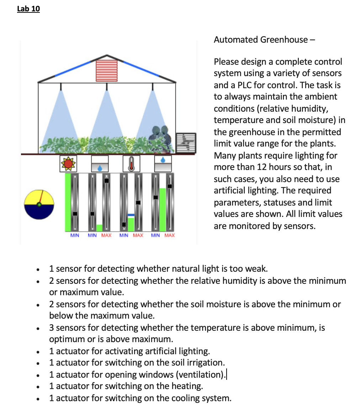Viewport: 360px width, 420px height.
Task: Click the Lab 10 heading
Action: click(x=28, y=9)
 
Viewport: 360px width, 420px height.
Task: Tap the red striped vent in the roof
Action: click(x=106, y=70)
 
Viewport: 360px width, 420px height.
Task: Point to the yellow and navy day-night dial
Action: click(x=39, y=204)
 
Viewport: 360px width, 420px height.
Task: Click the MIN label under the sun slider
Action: click(x=75, y=235)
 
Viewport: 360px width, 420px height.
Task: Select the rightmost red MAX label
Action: click(x=170, y=235)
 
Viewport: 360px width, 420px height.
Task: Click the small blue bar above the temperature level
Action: click(x=131, y=215)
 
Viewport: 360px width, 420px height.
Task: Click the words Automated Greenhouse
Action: click(x=261, y=39)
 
